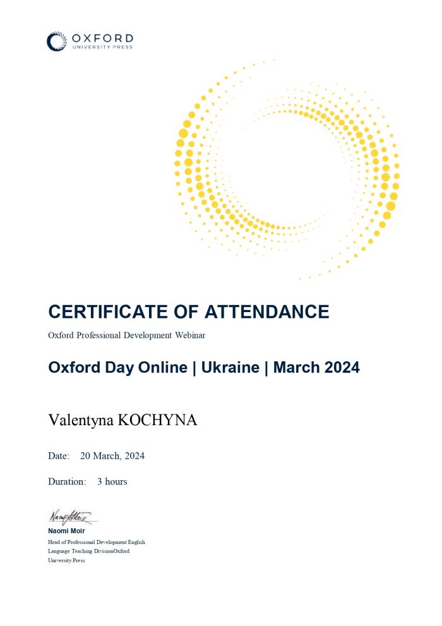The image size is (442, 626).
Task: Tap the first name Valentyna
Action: point(80,420)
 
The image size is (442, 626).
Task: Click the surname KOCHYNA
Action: point(157,420)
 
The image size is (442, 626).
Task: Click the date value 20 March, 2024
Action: point(112,456)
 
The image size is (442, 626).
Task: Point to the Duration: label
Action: point(67,481)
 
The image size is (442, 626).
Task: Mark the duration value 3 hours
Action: point(112,481)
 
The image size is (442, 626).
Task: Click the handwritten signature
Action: point(71,517)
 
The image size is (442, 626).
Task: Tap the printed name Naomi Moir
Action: point(66,531)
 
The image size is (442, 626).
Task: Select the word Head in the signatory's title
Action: point(54,542)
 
